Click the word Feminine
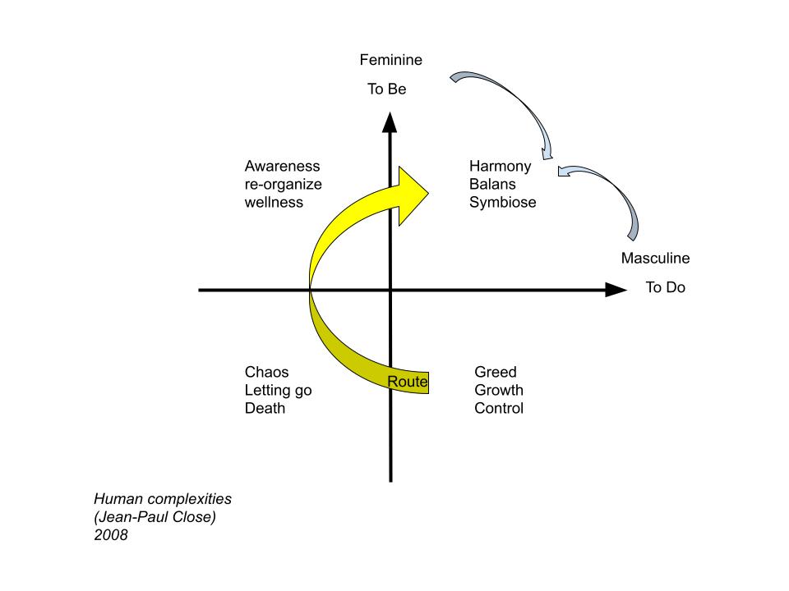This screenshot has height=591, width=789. [x=391, y=60]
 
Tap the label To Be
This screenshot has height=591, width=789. [x=386, y=89]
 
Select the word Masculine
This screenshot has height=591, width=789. [x=655, y=259]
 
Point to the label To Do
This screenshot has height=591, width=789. [x=665, y=288]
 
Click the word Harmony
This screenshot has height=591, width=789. [x=500, y=167]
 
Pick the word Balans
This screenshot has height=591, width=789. [x=491, y=184]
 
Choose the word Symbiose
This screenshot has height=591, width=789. [x=502, y=202]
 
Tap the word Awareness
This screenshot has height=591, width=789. [x=282, y=167]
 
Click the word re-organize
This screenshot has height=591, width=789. [x=283, y=184]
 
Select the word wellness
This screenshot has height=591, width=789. [x=274, y=202]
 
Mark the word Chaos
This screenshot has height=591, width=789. [x=266, y=373]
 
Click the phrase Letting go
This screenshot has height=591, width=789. [x=278, y=390]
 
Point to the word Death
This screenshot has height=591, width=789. [x=265, y=408]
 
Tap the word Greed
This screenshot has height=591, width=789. [x=495, y=373]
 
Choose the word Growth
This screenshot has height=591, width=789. [x=498, y=390]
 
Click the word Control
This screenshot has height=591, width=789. [x=498, y=408]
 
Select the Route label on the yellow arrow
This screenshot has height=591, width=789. [x=408, y=382]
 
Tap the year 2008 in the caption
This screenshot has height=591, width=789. [x=111, y=535]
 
